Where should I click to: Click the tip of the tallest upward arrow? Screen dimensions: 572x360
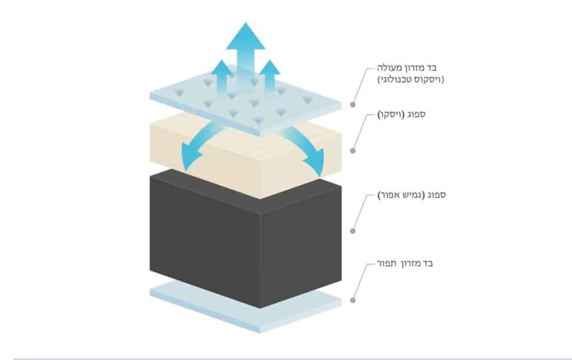245,22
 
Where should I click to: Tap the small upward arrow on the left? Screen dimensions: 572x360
222,77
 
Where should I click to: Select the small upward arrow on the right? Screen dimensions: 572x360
269,78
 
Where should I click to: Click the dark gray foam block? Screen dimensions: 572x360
245,239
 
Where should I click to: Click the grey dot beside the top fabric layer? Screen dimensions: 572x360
353,105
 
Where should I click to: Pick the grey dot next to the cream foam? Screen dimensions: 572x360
353,150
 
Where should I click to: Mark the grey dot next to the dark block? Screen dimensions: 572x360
353,231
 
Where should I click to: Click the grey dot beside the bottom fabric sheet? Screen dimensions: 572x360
353,300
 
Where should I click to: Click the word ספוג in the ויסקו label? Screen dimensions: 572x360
416,114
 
